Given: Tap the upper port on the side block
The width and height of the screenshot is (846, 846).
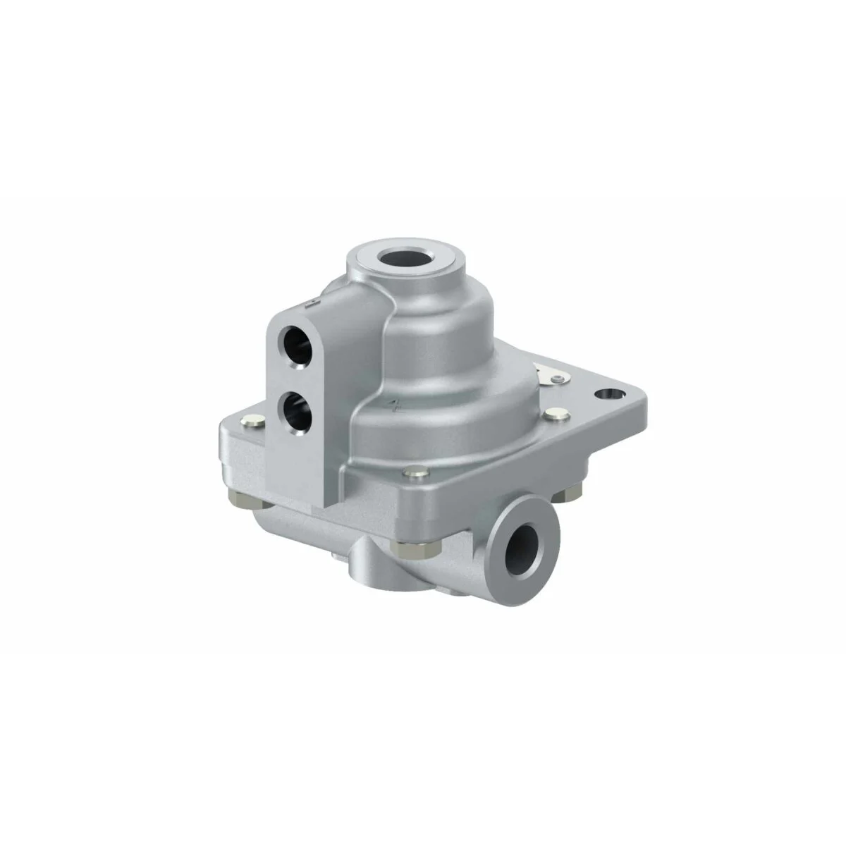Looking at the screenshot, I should tap(294, 339).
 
